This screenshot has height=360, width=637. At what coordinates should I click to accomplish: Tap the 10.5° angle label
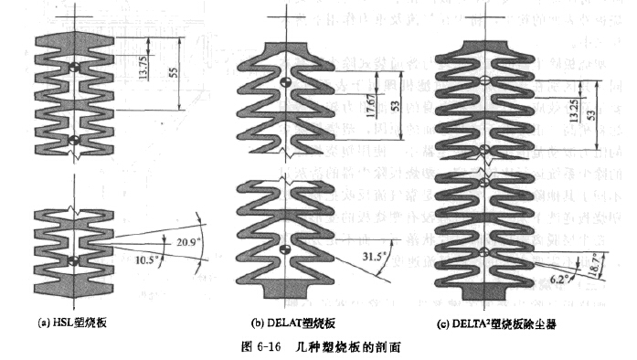[144, 259]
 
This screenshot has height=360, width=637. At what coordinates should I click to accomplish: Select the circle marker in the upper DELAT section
[284, 83]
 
